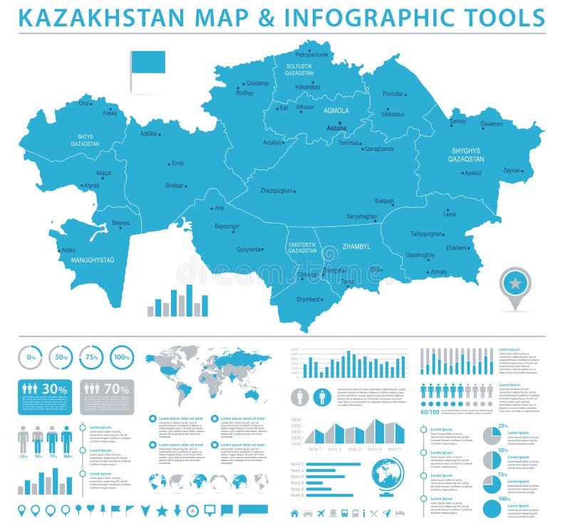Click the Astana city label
(336, 129)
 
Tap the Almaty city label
(438, 272)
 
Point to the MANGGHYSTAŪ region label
(93, 260)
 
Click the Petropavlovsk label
(312, 54)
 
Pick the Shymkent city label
(308, 299)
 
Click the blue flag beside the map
(147, 63)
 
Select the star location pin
(515, 284)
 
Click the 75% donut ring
(90, 357)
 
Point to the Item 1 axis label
(314, 449)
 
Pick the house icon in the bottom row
(294, 513)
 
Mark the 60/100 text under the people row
(430, 411)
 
